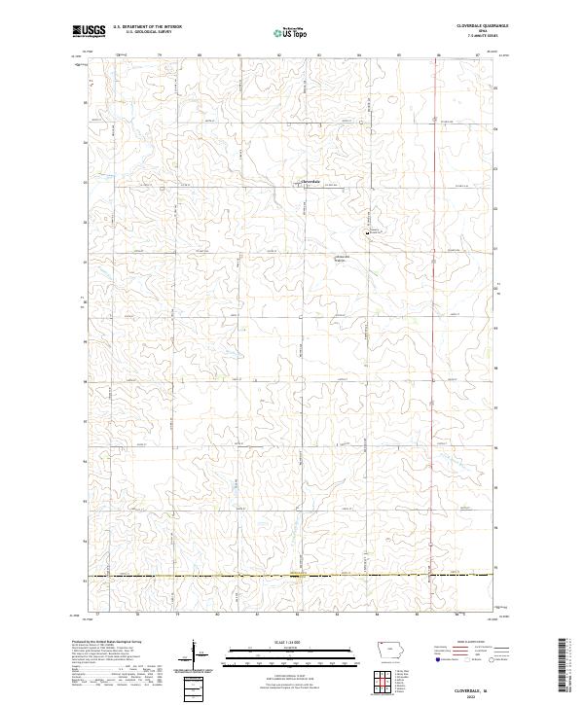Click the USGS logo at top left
click(89, 31)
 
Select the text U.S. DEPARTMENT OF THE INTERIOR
click(147, 27)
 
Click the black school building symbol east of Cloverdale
click(367, 231)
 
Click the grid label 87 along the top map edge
click(478, 55)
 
